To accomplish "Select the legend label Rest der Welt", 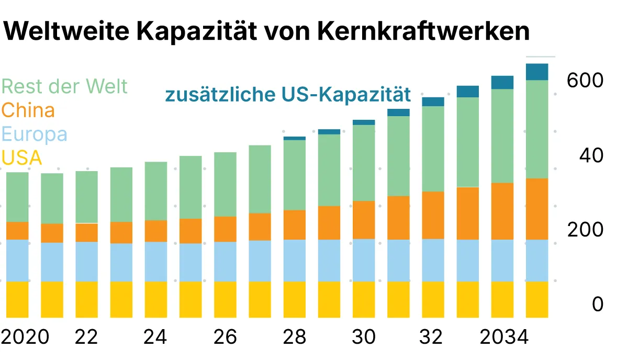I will pos(65,86).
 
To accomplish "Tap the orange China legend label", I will pos(28,110).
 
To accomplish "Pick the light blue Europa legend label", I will pos(35,134).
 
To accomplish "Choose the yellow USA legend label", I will pos(22,157).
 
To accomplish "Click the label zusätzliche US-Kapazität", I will pos(288,95).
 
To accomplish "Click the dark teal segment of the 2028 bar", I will pos(294,138).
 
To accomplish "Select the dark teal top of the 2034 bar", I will pos(502,82).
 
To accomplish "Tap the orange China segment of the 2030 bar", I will pos(364,220).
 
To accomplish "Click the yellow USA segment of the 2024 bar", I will pos(156,299).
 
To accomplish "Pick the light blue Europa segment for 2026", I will pos(225,262).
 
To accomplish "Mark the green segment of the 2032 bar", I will pos(433,149).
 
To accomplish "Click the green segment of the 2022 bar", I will pos(86,197).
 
